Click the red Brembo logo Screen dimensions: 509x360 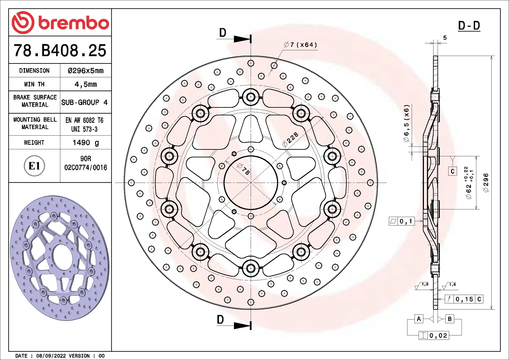(60, 23)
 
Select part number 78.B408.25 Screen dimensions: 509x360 (60, 50)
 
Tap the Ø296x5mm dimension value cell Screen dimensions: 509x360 (86, 71)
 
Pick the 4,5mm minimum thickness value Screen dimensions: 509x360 (86, 84)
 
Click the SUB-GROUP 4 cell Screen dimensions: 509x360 (85, 102)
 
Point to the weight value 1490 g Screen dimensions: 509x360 (86, 143)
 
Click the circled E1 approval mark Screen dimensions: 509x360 (34, 166)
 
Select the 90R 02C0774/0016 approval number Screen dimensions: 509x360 (86, 163)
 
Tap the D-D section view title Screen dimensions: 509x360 (469, 26)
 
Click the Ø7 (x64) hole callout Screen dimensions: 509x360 (300, 45)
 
